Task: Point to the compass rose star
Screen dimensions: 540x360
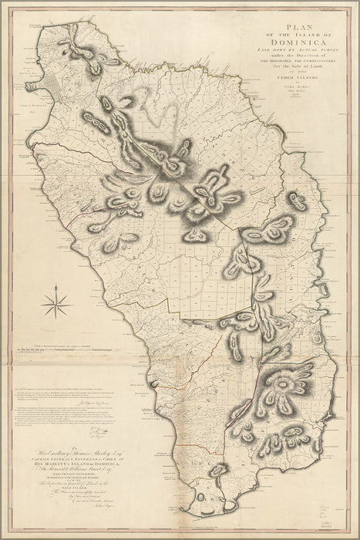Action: [56, 302]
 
